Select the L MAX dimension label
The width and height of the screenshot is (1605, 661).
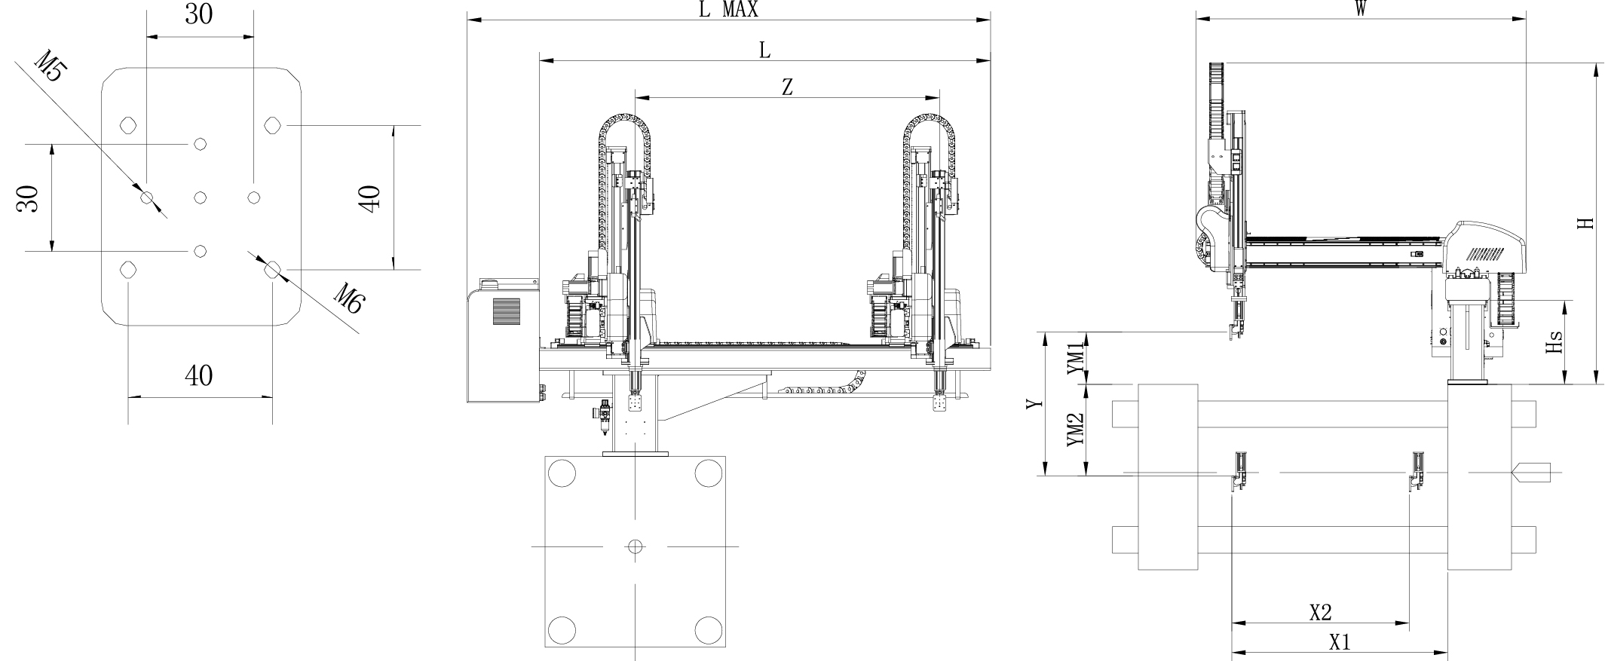coord(728,9)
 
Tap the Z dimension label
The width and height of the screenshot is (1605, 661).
coord(787,87)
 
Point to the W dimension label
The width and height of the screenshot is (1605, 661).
coord(1361,8)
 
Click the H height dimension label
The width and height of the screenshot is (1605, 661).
coord(1587,223)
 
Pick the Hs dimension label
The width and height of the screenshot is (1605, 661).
coord(1553,343)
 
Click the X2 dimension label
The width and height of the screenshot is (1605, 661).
coord(1320,613)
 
